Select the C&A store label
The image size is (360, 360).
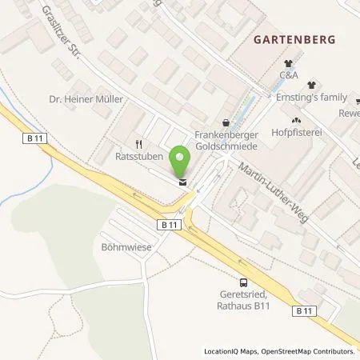coord(290,79)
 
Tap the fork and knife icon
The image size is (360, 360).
coord(138,144)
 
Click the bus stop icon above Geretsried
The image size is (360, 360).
coord(242,281)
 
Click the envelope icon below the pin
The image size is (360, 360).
coord(183,182)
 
